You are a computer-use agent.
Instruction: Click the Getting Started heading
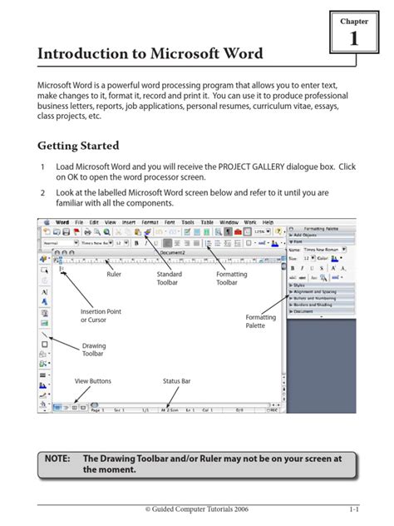pyautogui.click(x=78, y=146)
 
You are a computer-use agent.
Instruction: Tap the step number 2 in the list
pyautogui.click(x=42, y=192)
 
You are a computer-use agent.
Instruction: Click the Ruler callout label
pyautogui.click(x=115, y=274)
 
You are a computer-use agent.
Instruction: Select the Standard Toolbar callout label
pyautogui.click(x=169, y=278)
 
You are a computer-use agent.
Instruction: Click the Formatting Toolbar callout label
pyautogui.click(x=231, y=278)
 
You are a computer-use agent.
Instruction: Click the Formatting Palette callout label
pyautogui.click(x=260, y=321)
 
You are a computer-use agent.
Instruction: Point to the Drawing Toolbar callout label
pyautogui.click(x=94, y=350)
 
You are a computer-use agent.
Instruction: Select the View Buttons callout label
pyautogui.click(x=92, y=381)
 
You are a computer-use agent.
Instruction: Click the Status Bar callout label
pyautogui.click(x=176, y=381)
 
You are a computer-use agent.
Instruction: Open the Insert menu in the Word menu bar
pyautogui.click(x=129, y=223)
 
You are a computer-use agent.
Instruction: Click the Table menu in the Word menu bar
pyautogui.click(x=207, y=223)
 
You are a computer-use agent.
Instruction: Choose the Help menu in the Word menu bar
pyautogui.click(x=268, y=223)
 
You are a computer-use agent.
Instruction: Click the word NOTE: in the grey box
pyautogui.click(x=58, y=459)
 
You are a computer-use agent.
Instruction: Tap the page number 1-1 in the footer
pyautogui.click(x=353, y=508)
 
